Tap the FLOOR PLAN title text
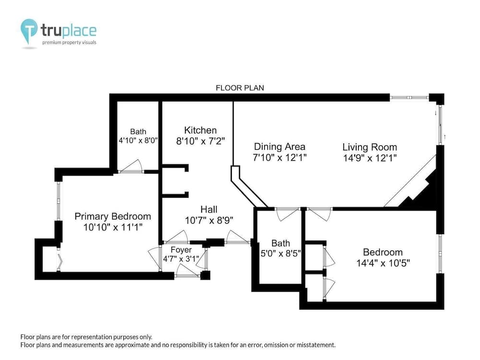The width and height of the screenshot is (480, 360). pos(240,88)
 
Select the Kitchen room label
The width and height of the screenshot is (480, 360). pos(200,130)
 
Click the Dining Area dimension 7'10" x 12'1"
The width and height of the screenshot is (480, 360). pos(280,157)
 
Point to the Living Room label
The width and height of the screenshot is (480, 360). pos(369,147)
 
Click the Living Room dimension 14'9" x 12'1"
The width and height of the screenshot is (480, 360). pos(369,157)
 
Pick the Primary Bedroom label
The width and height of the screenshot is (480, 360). pos(112,216)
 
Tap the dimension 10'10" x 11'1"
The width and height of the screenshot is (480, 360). pos(112,227)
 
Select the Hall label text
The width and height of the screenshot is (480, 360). pos(209,209)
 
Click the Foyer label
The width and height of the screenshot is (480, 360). pos(181,250)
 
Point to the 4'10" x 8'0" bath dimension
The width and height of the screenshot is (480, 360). pos(138,141)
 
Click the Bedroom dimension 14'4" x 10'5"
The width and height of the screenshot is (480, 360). pos(383,263)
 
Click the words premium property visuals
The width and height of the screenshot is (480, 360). pos(69,43)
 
